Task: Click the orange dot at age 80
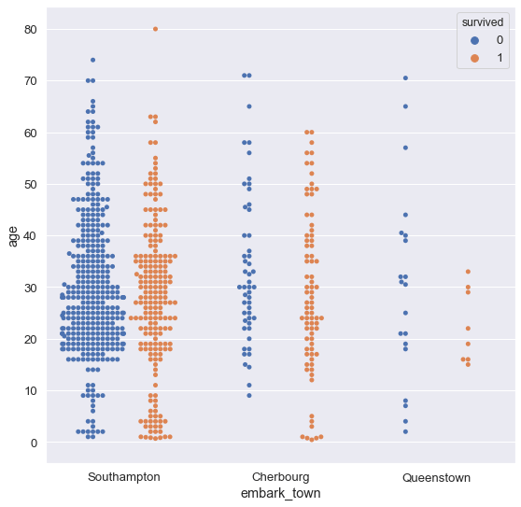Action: (x=155, y=29)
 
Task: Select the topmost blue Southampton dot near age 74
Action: (x=92, y=60)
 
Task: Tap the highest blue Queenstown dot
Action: (x=405, y=77)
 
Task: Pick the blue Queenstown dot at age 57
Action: (x=405, y=148)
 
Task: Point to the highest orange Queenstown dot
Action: (x=468, y=272)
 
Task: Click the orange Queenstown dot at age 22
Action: (x=468, y=328)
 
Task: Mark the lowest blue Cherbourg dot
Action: (x=249, y=395)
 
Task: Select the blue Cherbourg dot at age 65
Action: (x=249, y=106)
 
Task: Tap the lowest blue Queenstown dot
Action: (x=405, y=431)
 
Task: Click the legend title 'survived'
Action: (x=481, y=21)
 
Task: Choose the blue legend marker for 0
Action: (x=475, y=40)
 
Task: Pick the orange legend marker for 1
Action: (x=475, y=58)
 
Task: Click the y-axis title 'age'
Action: (x=13, y=237)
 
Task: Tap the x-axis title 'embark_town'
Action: (x=280, y=492)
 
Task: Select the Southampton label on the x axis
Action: (x=123, y=477)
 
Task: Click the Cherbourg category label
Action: (x=280, y=477)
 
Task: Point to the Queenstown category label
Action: (x=436, y=477)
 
